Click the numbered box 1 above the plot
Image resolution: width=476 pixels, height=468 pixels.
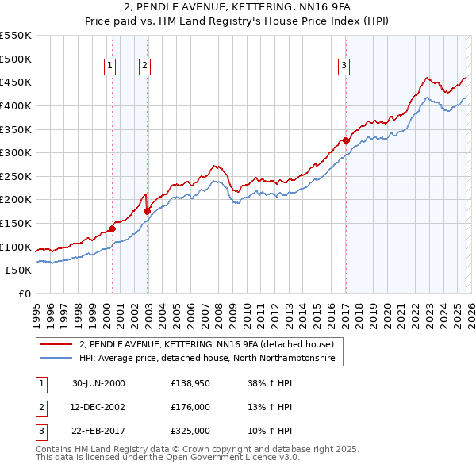(109, 66)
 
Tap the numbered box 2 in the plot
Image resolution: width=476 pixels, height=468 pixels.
(145, 66)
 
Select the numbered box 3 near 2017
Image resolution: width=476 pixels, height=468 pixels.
(344, 66)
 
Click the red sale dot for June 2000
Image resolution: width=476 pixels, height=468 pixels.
(113, 229)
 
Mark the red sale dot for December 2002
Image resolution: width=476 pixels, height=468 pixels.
(147, 211)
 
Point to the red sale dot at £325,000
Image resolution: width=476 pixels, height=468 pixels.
(346, 141)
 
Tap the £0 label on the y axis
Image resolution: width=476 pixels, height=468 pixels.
(24, 293)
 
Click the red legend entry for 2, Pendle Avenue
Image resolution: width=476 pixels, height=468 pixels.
(211, 344)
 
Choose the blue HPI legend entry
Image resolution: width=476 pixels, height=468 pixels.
(207, 359)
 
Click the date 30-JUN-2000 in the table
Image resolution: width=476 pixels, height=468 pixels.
(98, 383)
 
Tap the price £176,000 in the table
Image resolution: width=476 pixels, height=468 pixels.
(190, 407)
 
